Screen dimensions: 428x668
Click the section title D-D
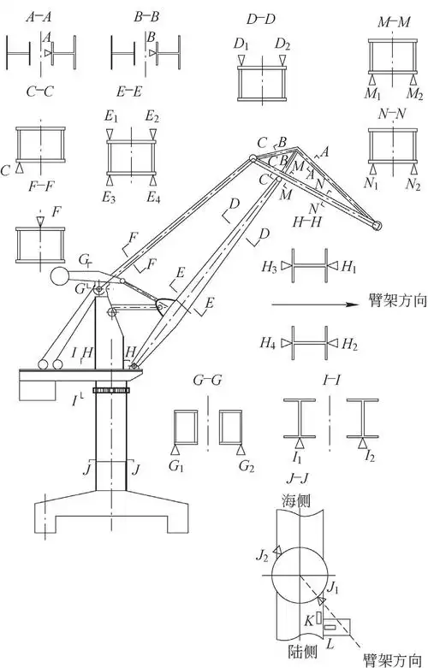click(261, 19)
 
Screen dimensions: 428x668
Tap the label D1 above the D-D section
click(241, 44)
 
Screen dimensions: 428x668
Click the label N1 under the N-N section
click(372, 184)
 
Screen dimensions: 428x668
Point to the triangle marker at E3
click(110, 180)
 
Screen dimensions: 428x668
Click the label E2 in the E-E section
click(152, 115)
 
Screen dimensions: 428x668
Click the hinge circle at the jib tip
click(377, 225)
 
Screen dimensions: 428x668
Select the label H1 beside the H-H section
click(349, 267)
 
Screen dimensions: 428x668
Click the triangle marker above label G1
click(175, 450)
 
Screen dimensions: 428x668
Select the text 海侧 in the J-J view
click(296, 501)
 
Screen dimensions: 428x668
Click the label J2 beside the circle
click(262, 556)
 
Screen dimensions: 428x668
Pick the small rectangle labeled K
click(318, 620)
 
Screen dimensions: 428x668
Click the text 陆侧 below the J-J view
click(302, 651)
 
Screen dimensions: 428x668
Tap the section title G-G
click(208, 381)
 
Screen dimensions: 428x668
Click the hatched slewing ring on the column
click(110, 390)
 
